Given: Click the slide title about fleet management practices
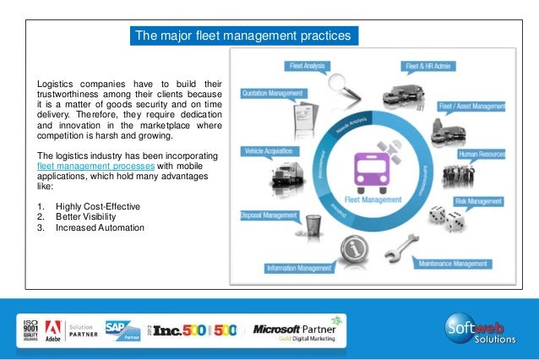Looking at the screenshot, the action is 245,35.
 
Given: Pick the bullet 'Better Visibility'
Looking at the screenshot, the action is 89,217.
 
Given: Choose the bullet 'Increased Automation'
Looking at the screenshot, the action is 100,227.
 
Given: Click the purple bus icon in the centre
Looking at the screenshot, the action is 373,168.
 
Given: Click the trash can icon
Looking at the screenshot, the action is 313,226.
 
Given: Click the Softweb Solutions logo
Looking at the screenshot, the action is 477,326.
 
